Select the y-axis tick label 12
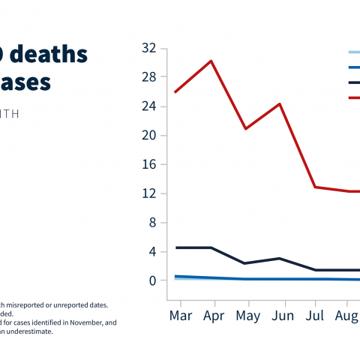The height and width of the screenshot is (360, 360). coord(148,193)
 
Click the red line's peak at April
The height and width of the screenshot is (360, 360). coord(211,61)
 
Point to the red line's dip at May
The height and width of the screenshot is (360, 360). coord(245,129)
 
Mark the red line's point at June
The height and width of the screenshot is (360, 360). coord(280,103)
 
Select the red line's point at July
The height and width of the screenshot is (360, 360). coord(315,187)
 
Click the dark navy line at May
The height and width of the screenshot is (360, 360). coord(245,263)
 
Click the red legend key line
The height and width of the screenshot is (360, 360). coord(354,97)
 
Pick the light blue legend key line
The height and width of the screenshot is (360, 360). coord(354,52)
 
